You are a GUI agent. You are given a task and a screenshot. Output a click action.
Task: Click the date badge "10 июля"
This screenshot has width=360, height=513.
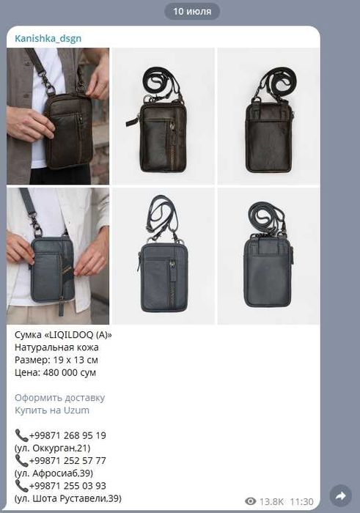tap(192, 12)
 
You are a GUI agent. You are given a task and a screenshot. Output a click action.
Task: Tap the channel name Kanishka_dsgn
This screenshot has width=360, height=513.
tap(48, 39)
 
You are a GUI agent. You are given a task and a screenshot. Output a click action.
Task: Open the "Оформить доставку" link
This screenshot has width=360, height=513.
tap(60, 398)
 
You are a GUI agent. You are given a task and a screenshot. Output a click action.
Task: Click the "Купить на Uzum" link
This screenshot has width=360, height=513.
tap(52, 410)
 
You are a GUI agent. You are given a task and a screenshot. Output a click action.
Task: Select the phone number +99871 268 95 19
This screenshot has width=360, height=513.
tap(67, 435)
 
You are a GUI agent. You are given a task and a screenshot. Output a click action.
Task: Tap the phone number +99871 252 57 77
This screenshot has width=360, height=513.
tap(67, 461)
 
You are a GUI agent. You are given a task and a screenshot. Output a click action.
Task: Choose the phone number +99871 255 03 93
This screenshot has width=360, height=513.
tap(67, 486)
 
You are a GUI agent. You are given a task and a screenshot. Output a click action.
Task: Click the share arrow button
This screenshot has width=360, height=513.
tap(341, 496)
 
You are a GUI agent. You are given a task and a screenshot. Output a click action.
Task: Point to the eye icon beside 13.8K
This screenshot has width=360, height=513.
tap(251, 501)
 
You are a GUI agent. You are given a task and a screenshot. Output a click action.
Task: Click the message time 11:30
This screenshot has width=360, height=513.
tap(302, 501)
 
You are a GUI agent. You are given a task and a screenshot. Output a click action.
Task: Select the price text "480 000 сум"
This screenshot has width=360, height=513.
tap(70, 372)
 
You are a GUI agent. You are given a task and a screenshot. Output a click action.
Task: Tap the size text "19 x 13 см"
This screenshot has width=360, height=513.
tap(76, 361)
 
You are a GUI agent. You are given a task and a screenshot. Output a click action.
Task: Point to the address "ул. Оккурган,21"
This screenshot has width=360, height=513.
tap(52, 449)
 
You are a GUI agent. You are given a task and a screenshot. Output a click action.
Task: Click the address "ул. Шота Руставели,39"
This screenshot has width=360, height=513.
tap(68, 498)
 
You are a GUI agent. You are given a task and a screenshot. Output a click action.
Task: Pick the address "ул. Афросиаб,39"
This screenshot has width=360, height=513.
tap(54, 473)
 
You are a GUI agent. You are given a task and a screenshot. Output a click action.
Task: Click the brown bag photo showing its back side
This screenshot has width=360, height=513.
tap(268, 116)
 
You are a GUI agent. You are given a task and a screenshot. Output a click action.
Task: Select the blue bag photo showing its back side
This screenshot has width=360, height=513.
tap(268, 256)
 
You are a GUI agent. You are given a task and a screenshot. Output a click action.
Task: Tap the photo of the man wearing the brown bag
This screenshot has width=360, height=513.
tap(58, 116)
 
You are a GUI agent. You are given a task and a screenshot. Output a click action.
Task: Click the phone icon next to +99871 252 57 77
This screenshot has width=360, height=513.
tap(21, 461)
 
